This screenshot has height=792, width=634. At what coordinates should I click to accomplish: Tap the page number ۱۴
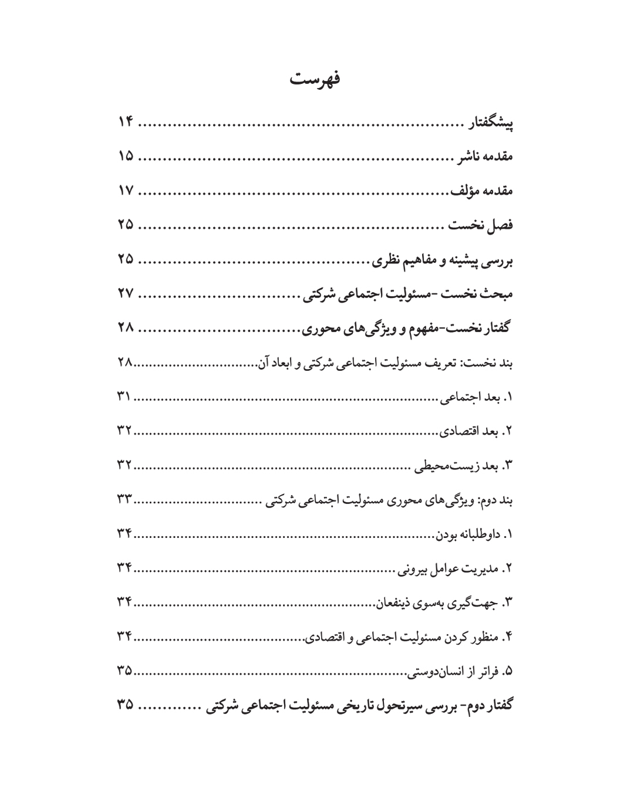point(126,123)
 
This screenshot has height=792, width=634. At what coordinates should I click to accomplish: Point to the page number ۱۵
point(126,157)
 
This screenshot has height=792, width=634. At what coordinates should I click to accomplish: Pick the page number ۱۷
point(126,191)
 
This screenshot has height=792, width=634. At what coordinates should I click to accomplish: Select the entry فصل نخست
point(481,225)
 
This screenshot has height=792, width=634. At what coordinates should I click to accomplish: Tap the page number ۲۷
point(126,293)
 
